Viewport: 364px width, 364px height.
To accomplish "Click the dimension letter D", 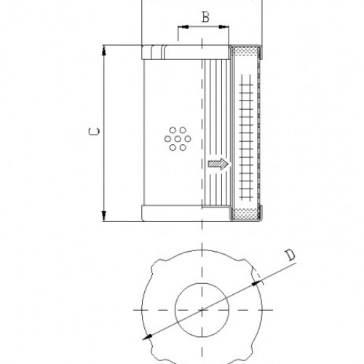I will click(x=289, y=255).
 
